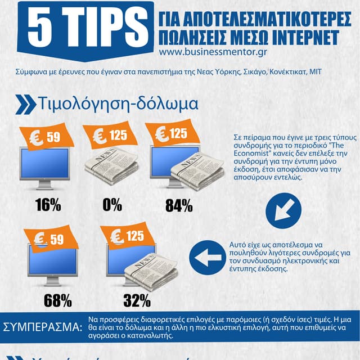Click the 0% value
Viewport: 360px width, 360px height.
112,205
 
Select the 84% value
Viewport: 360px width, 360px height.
179,206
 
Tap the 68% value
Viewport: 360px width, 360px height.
57,300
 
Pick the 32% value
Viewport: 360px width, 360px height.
137,300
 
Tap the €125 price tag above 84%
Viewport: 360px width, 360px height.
172,134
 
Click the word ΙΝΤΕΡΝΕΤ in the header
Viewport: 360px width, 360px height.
298,37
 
